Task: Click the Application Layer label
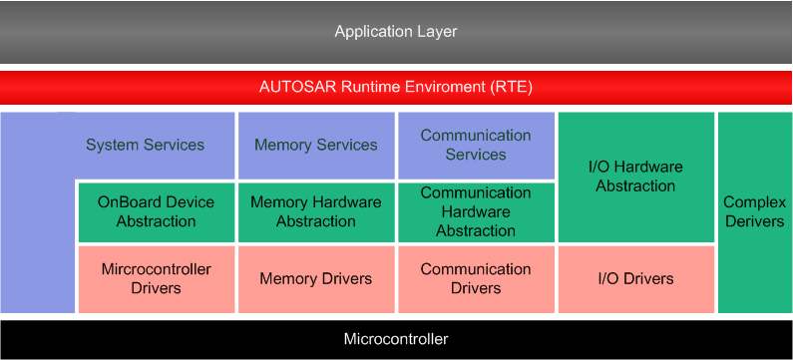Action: pos(396,32)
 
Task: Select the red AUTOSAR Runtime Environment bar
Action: pos(396,87)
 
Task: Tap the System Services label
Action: pos(145,146)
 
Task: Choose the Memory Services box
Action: pos(316,146)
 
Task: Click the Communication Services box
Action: pos(476,146)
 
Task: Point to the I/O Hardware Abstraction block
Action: pos(635,177)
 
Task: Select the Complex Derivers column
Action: pos(754,211)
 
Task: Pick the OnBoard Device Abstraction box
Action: pos(156,211)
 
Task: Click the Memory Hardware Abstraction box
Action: pos(316,211)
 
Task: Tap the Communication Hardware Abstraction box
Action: pos(476,211)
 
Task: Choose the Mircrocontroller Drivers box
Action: pos(156,279)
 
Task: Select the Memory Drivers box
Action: pos(316,279)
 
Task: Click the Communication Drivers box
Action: pos(476,279)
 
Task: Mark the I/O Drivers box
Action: pos(635,279)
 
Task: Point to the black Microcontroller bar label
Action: pos(396,339)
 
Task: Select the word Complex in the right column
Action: pos(754,202)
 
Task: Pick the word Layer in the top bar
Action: pos(436,32)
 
